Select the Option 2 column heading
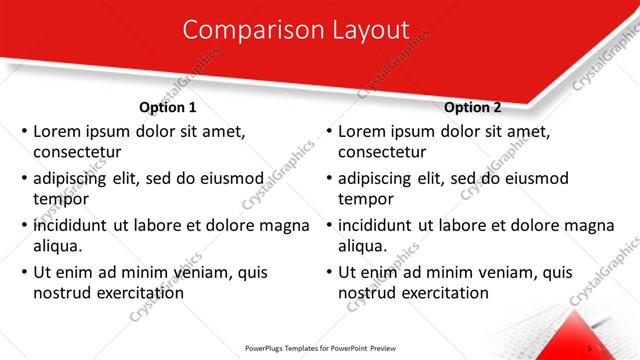[x=473, y=107]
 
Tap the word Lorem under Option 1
[x=57, y=131]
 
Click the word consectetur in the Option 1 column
[x=77, y=153]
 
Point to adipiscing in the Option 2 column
[x=378, y=178]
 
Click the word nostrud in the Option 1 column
[x=63, y=293]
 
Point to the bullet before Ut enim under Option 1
[x=23, y=272]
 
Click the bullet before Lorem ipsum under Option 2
[x=329, y=131]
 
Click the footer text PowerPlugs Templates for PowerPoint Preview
[x=319, y=348]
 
